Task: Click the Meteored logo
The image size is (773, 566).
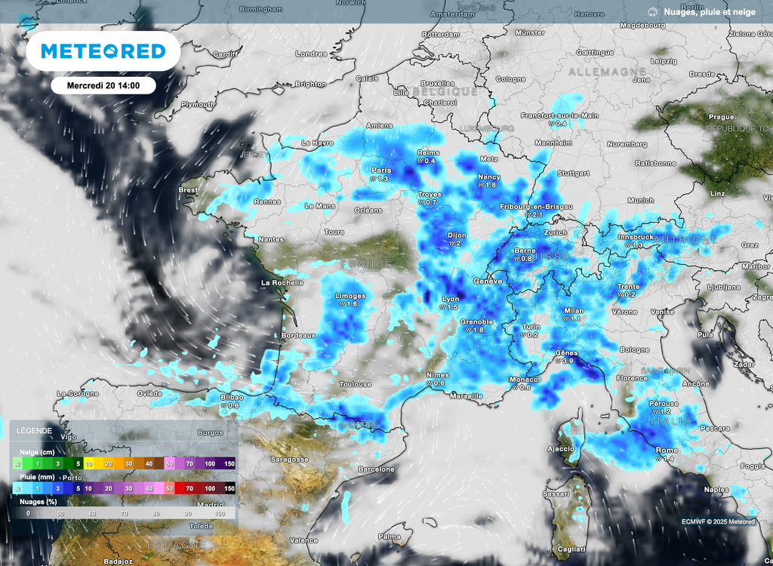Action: [x=103, y=51]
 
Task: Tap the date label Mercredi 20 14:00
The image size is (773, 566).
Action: [x=103, y=85]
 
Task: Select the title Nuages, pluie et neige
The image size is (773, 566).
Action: [x=709, y=12]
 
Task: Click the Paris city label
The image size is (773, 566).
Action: [x=381, y=170]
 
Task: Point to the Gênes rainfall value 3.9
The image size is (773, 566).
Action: [x=568, y=361]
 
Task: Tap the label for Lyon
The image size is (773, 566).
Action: [x=450, y=298]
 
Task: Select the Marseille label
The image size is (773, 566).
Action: [x=465, y=395]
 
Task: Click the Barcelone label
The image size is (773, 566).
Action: [x=377, y=469]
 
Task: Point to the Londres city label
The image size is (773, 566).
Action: [x=311, y=54]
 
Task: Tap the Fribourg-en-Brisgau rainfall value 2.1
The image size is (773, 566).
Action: [x=537, y=215]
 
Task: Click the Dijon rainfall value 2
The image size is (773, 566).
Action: [x=456, y=244]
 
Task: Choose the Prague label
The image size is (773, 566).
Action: [x=722, y=117]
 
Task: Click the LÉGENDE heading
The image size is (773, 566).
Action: [x=34, y=431]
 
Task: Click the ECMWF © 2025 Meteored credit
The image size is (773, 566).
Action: [x=718, y=521]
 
